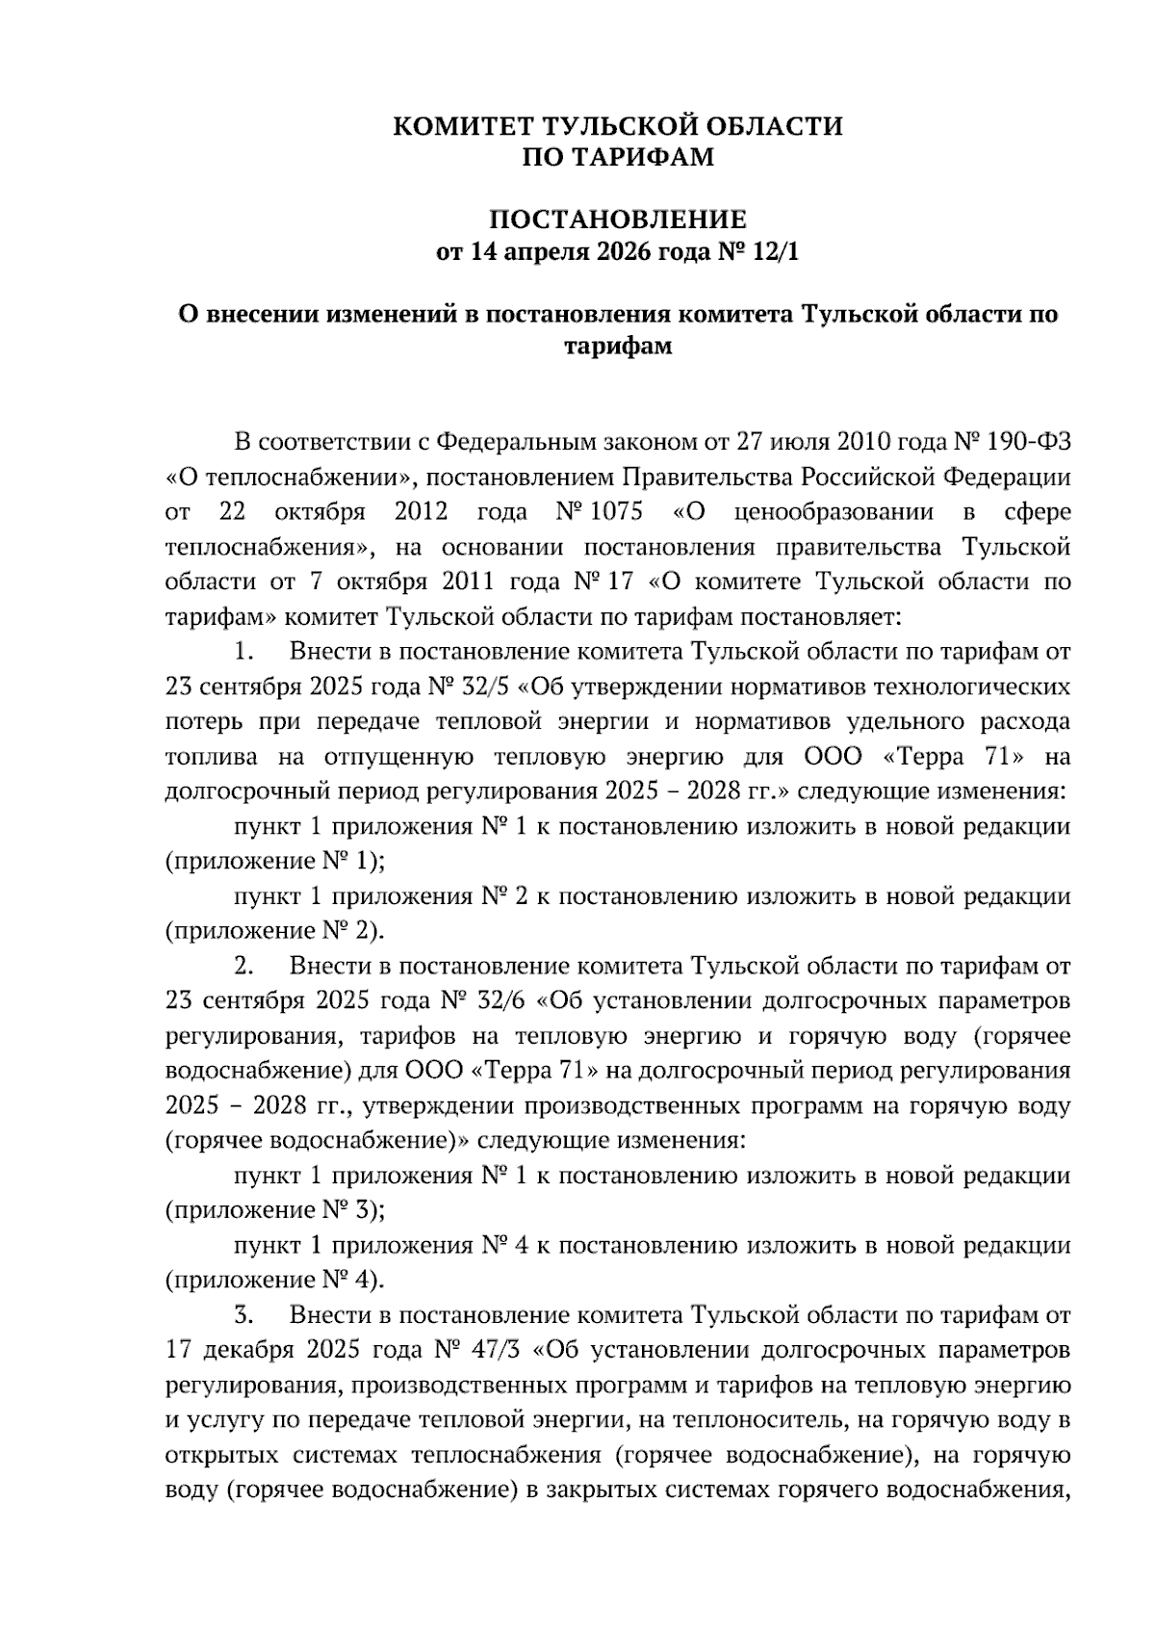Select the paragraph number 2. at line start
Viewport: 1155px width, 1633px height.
244,966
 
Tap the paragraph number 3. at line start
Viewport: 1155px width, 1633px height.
244,1314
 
